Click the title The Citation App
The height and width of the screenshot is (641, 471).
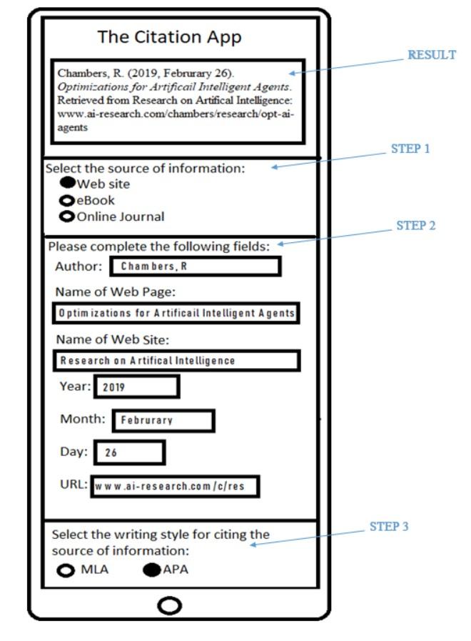pyautogui.click(x=169, y=37)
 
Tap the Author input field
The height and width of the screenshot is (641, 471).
pyautogui.click(x=195, y=267)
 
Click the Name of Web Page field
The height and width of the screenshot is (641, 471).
pyautogui.click(x=176, y=313)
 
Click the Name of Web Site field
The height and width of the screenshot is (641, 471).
pyautogui.click(x=176, y=360)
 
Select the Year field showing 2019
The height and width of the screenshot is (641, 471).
pyautogui.click(x=136, y=387)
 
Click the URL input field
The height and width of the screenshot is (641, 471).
pyautogui.click(x=175, y=486)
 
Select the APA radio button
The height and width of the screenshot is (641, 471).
pyautogui.click(x=151, y=570)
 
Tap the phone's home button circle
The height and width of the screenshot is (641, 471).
pyautogui.click(x=169, y=606)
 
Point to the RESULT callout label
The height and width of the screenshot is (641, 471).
pyautogui.click(x=431, y=55)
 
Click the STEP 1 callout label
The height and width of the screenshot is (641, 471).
pyautogui.click(x=410, y=149)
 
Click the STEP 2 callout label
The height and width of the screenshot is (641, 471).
pyautogui.click(x=415, y=226)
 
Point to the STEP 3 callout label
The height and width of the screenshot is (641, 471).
pyautogui.click(x=389, y=527)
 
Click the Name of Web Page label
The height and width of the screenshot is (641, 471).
pyautogui.click(x=115, y=292)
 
